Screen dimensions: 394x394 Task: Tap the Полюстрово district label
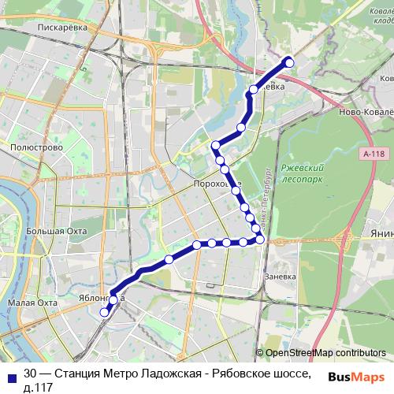(32, 147)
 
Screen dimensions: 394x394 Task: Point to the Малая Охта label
(32, 303)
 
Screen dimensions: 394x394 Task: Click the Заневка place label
(280, 277)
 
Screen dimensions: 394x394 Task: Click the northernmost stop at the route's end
(289, 62)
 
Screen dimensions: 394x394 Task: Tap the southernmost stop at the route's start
(104, 313)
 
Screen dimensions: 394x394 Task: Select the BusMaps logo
(357, 377)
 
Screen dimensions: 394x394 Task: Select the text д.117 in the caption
(39, 387)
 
